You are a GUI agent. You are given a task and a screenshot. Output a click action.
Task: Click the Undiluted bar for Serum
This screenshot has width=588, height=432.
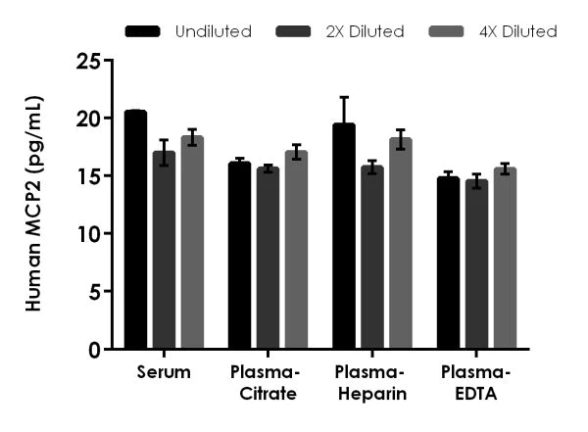tap(135, 230)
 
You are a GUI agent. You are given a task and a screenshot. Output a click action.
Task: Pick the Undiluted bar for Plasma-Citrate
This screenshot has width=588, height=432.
tap(240, 256)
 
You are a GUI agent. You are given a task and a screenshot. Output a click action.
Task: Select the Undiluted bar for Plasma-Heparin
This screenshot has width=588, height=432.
tap(344, 236)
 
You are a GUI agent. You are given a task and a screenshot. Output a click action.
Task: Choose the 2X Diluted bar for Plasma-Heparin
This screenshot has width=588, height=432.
tap(372, 258)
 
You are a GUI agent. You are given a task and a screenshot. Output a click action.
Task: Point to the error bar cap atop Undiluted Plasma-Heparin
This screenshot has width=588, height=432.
tap(344, 97)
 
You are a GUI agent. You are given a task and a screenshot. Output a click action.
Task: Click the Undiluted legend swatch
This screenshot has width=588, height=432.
tap(145, 31)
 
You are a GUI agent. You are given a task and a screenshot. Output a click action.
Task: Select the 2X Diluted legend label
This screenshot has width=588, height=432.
tap(366, 31)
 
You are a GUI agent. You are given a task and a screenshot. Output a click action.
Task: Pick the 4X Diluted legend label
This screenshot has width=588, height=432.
tap(518, 31)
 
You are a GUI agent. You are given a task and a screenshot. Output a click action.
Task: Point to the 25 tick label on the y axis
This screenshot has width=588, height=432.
tap(87, 61)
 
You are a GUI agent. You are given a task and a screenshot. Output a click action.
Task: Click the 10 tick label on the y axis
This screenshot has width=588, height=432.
tap(87, 234)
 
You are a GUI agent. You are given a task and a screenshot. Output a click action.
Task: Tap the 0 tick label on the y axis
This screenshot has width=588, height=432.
tap(93, 350)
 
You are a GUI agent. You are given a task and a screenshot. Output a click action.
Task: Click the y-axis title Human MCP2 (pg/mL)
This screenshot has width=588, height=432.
tap(34, 204)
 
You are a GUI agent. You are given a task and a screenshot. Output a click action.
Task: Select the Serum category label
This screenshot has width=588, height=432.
tap(164, 373)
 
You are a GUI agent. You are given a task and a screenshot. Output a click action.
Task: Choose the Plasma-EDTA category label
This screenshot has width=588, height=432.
tap(475, 383)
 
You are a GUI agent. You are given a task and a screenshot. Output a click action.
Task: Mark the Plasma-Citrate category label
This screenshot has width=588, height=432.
tap(268, 383)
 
